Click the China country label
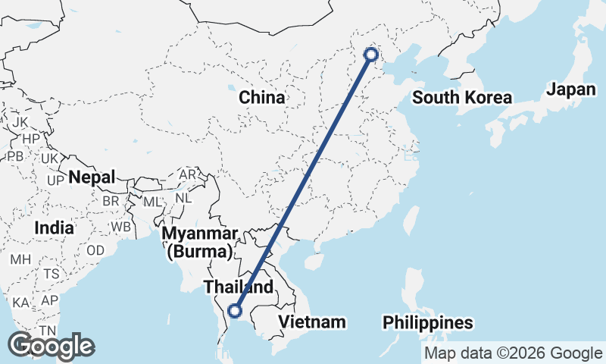(261, 98)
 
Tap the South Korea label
(462, 98)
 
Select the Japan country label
(571, 89)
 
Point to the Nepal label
(92, 177)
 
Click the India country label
(54, 227)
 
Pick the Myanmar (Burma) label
(200, 241)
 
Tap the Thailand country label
(238, 287)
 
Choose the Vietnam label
(312, 322)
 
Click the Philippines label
(428, 322)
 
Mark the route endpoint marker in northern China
(371, 54)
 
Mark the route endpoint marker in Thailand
(235, 310)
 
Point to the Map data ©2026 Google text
(513, 353)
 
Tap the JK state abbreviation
(20, 122)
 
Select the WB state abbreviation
(120, 227)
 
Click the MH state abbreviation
(20, 259)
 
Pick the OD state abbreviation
(95, 250)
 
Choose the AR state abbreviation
(187, 174)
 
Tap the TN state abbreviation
(48, 331)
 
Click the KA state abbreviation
(20, 303)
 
